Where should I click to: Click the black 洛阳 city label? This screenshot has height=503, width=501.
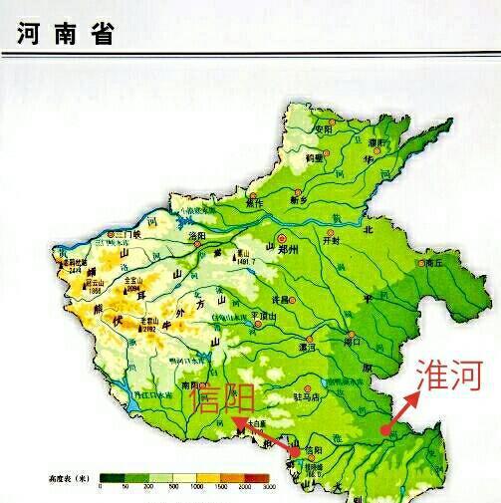(198, 236)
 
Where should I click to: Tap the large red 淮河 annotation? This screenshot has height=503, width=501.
(449, 375)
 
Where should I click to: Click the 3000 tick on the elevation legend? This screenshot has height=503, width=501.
(268, 487)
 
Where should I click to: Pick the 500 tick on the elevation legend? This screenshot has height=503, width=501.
(172, 487)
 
